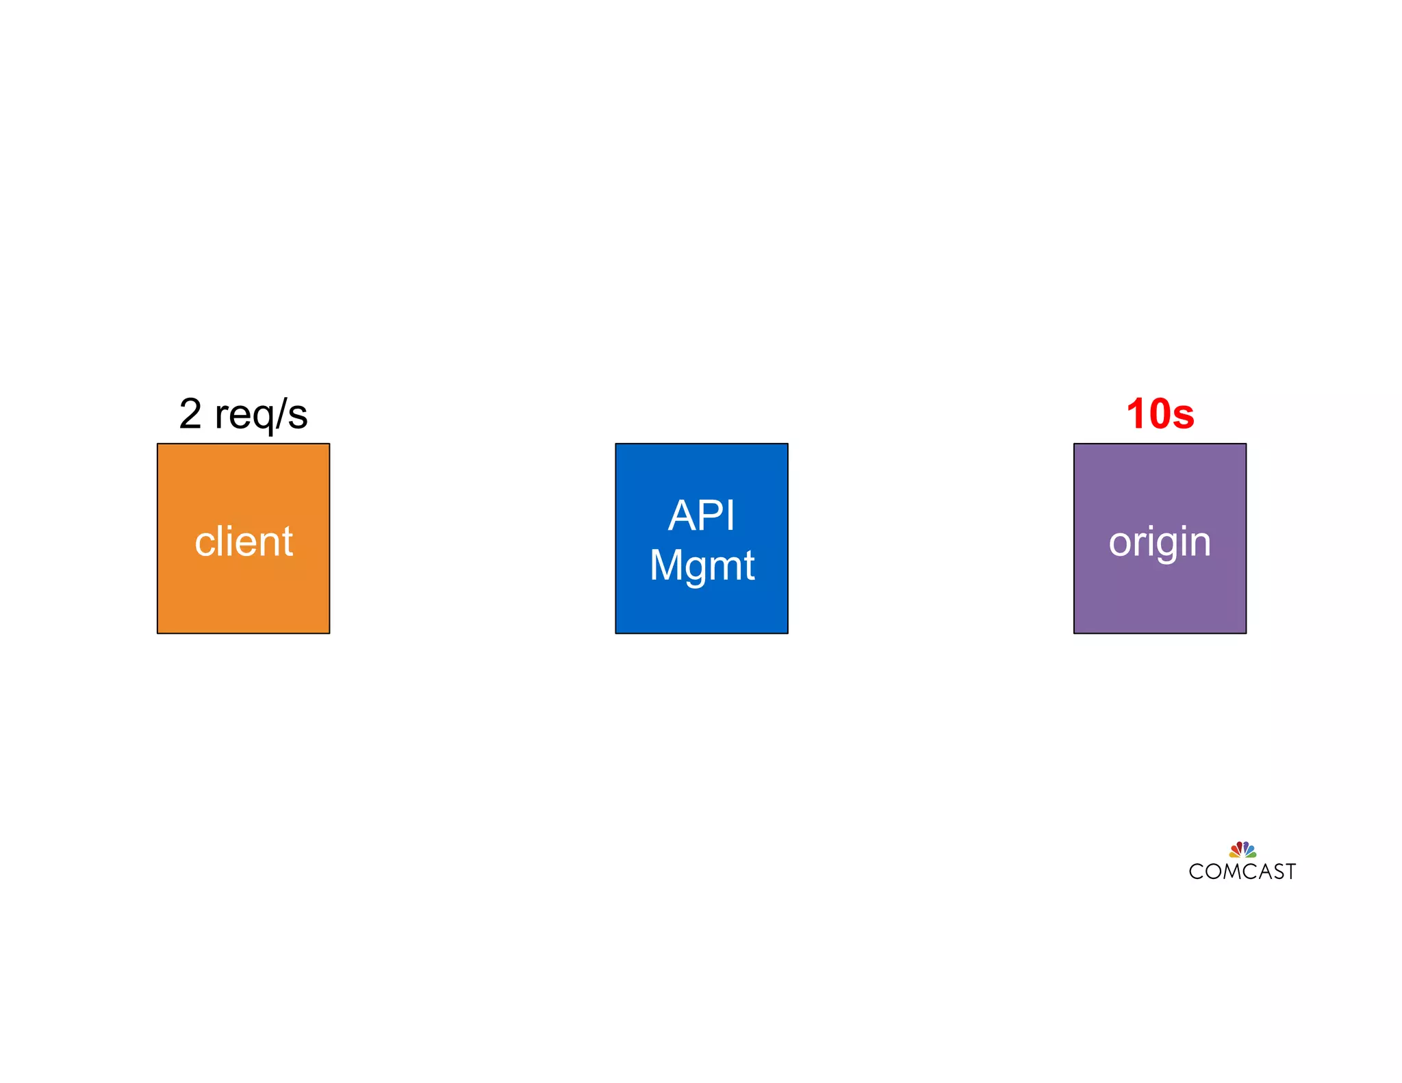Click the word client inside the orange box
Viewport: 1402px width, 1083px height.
click(x=243, y=541)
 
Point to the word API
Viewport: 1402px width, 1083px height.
click(x=701, y=515)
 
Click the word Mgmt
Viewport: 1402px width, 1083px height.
click(x=701, y=565)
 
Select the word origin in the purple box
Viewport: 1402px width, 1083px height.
click(x=1160, y=541)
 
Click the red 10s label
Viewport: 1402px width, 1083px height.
click(x=1160, y=414)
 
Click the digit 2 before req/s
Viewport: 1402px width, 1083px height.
click(x=190, y=414)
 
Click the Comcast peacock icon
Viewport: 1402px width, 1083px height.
click(x=1242, y=850)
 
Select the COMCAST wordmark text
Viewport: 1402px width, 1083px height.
click(x=1242, y=871)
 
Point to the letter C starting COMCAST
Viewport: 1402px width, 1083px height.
click(x=1196, y=871)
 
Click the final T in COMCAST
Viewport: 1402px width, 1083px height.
click(x=1290, y=871)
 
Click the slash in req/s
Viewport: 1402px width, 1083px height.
click(x=280, y=414)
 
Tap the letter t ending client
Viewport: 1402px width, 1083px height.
click(x=287, y=541)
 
